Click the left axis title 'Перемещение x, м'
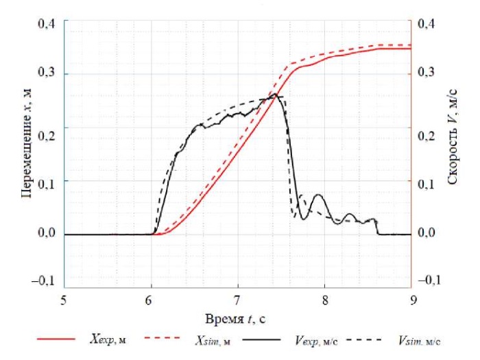[27, 149]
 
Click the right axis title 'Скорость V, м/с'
[453, 149]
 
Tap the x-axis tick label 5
[64, 300]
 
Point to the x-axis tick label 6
[151, 300]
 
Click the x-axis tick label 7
[238, 300]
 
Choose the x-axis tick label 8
[324, 300]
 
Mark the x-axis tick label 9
[411, 300]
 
